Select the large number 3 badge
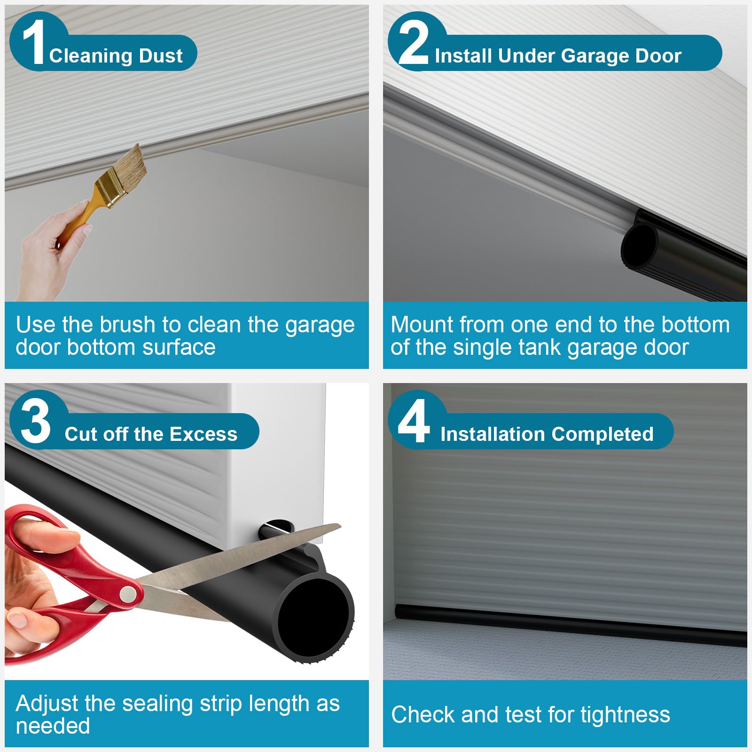point(36,421)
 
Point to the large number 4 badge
point(414,421)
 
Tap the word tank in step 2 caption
point(540,348)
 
